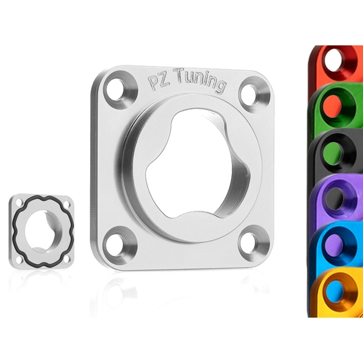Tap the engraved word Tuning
[x=200, y=80]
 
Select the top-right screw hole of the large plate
[x=249, y=94]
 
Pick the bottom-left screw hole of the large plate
[x=115, y=245]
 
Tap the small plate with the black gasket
[x=42, y=231]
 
